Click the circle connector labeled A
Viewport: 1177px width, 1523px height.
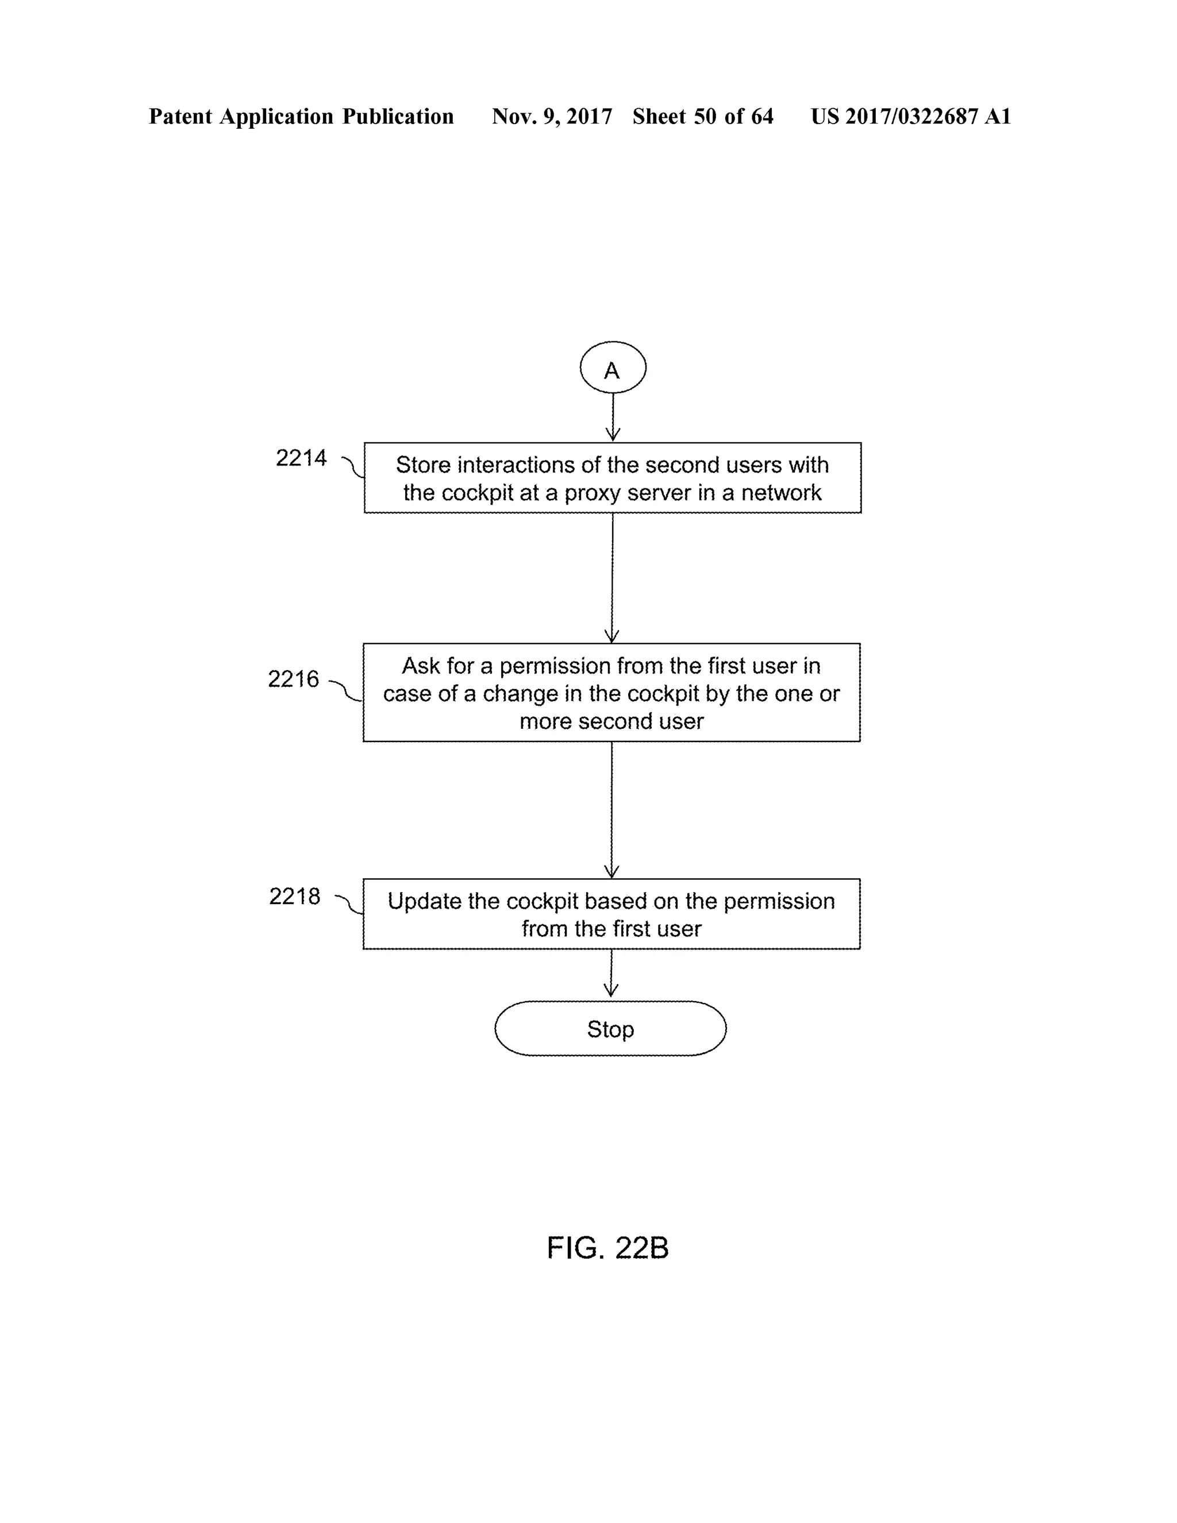[x=612, y=367]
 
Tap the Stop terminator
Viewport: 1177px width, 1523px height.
[x=610, y=1029]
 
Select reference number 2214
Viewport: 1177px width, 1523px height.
[x=301, y=458]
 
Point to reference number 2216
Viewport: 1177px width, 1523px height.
[x=294, y=679]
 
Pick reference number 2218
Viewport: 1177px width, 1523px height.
[x=295, y=896]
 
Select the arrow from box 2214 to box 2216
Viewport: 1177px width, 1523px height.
[x=612, y=578]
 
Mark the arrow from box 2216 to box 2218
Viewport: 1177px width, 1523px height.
[x=611, y=809]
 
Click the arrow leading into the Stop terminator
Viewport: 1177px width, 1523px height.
[x=611, y=974]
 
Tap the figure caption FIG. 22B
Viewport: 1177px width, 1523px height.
[x=607, y=1248]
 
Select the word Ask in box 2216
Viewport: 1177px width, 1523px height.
[x=421, y=666]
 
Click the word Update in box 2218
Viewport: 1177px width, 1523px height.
[x=425, y=901]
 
